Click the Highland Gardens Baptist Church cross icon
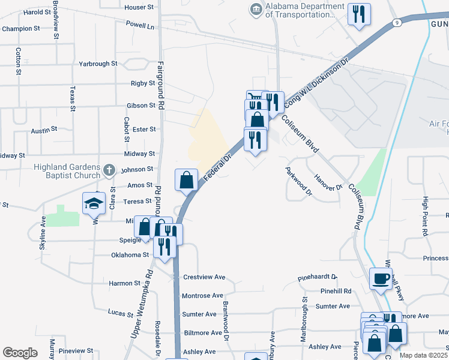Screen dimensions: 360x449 (109, 170)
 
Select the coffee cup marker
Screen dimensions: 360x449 (380, 278)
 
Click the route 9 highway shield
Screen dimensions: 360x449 (397, 23)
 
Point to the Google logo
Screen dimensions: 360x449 (20, 353)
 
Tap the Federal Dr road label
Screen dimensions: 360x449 (218, 169)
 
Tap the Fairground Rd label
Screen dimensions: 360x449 (161, 84)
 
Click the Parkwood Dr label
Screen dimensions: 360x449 (298, 181)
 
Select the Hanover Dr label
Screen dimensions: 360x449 (328, 182)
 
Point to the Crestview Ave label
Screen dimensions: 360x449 (203, 277)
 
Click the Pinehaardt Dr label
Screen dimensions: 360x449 (318, 279)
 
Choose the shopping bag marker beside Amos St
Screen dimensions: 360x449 (186, 179)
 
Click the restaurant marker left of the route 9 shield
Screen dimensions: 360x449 (359, 14)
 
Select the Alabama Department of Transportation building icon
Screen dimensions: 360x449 (256, 10)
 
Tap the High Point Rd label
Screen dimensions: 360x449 (425, 215)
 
